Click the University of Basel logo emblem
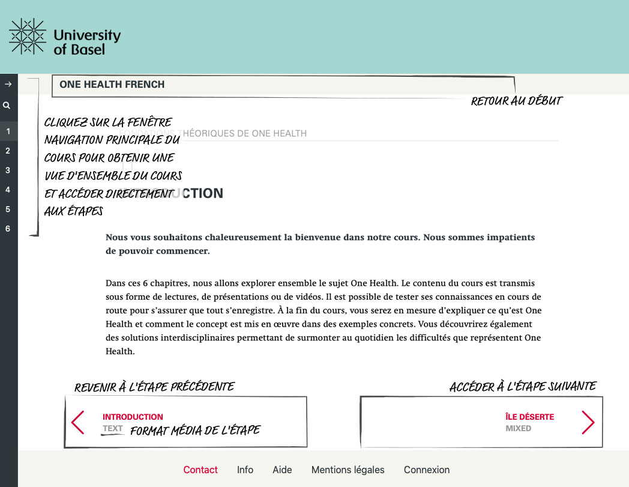[28, 37]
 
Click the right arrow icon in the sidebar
[8, 85]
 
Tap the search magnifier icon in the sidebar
[7, 106]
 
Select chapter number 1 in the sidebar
[8, 131]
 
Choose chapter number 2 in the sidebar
[8, 151]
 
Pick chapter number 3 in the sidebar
[8, 170]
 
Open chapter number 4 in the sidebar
[8, 190]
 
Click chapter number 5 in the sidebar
[8, 209]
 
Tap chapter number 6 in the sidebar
[8, 228]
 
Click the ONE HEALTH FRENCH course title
[112, 85]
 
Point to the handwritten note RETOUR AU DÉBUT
[516, 101]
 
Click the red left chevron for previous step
[78, 422]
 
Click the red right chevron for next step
[588, 422]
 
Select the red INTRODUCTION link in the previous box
[133, 417]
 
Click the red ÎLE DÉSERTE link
[529, 417]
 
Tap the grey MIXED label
[518, 429]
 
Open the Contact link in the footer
[200, 470]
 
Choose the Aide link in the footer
[282, 470]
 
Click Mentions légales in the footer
[348, 470]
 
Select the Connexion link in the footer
[426, 470]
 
